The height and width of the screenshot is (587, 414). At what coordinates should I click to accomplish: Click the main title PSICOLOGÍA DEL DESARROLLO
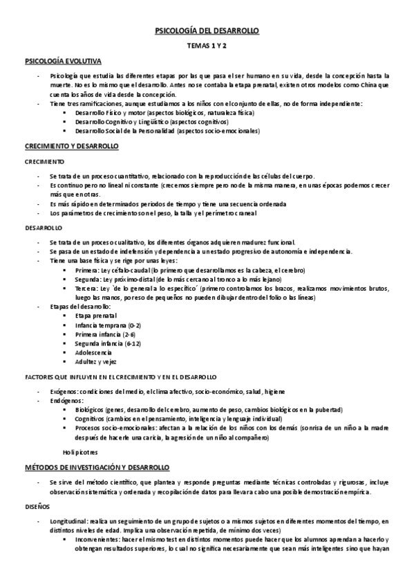tap(207, 31)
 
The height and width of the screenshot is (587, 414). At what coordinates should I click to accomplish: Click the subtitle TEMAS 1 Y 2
tap(207, 47)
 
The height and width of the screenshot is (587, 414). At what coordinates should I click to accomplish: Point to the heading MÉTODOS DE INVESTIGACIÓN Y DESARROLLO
tap(97, 467)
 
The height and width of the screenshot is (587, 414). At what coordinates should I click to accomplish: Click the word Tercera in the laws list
tap(87, 288)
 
